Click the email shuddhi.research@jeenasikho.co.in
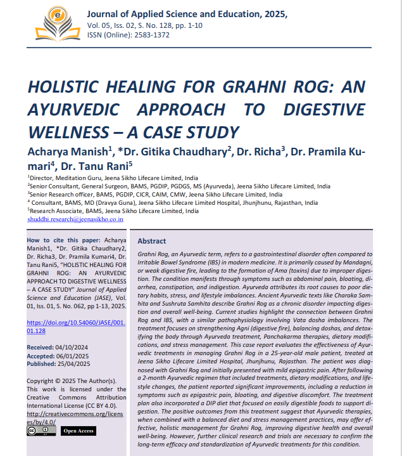pos(75,219)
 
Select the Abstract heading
pos(152,242)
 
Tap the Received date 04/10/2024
pos(70,348)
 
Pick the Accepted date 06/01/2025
pos(71,356)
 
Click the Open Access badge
pos(79,431)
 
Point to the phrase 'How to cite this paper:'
pos(61,242)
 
